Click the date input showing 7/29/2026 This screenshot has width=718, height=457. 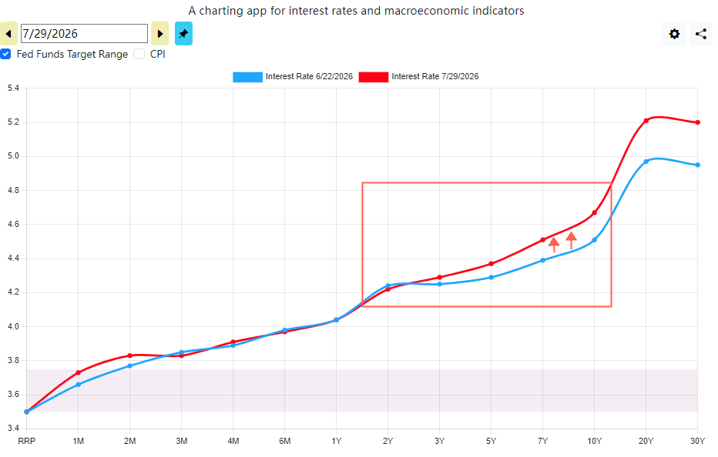84,34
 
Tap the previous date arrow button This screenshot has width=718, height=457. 8,34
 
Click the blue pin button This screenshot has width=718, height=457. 183,34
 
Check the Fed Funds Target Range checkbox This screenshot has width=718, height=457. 5,54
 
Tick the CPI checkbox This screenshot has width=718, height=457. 139,54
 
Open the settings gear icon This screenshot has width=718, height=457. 674,34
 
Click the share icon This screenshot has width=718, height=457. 700,34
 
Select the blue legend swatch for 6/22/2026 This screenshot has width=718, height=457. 248,77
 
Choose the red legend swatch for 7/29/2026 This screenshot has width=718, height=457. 373,77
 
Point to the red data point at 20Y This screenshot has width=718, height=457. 646,121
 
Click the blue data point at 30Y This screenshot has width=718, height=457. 697,165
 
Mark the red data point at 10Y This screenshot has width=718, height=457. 595,212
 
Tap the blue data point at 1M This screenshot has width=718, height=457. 79,385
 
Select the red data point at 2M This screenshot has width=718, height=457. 130,355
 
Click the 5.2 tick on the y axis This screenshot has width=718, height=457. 13,122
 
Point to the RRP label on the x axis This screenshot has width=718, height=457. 26,441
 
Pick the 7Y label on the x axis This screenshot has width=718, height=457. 542,441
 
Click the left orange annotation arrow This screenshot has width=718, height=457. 554,245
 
